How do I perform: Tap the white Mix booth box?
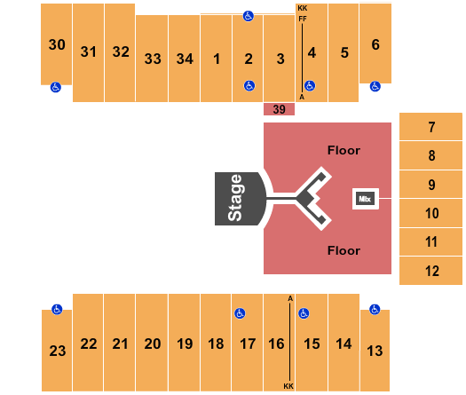click(x=365, y=199)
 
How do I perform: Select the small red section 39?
click(x=279, y=109)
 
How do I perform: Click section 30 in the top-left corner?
click(x=57, y=44)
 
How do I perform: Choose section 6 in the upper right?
click(x=375, y=44)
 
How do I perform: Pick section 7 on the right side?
click(x=431, y=127)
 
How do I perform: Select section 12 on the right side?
click(x=431, y=271)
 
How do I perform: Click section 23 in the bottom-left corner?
click(x=57, y=351)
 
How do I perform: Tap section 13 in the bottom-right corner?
click(x=375, y=351)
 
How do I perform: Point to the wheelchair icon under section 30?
click(x=56, y=87)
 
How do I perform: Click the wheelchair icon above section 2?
click(x=248, y=15)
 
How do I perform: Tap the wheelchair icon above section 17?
click(x=239, y=313)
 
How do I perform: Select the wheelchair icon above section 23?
click(x=56, y=310)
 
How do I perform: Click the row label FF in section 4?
click(x=303, y=18)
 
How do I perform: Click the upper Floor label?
click(x=344, y=150)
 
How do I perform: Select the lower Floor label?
click(x=344, y=250)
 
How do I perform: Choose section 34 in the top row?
click(x=185, y=59)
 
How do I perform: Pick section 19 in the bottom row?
click(x=185, y=344)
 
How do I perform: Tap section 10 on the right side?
click(x=431, y=213)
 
